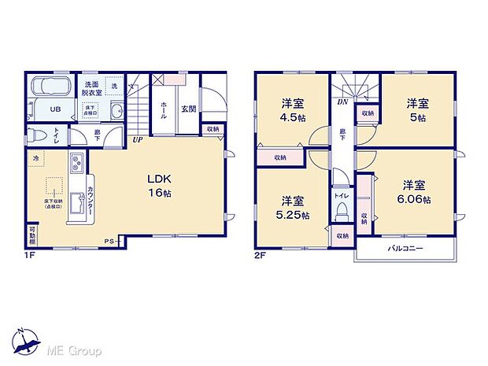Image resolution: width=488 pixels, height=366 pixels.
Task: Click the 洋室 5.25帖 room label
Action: pyautogui.click(x=292, y=207)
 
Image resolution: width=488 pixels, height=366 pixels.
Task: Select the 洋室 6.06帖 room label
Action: pyautogui.click(x=415, y=192)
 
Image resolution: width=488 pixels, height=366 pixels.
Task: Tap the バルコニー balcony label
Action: pyautogui.click(x=405, y=249)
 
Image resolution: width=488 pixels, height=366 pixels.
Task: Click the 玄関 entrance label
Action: pyautogui.click(x=188, y=109)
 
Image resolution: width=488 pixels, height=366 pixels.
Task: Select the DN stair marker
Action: pyautogui.click(x=343, y=102)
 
